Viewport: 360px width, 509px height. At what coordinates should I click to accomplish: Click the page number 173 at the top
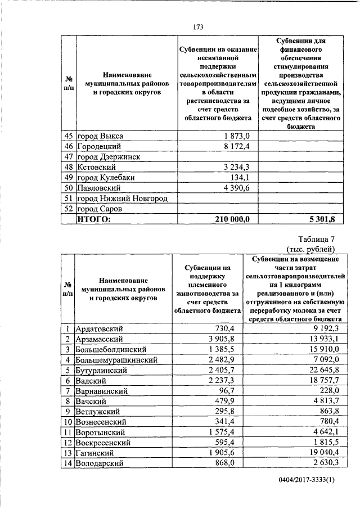(x=197, y=27)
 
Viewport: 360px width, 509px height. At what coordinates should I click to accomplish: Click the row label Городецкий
(x=99, y=147)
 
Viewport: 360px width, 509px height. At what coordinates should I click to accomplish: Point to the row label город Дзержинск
(x=108, y=157)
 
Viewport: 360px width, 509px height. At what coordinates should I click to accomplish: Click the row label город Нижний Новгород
(x=123, y=198)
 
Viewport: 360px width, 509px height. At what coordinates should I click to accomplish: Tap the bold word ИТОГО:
(x=94, y=219)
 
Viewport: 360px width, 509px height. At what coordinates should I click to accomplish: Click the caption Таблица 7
(x=316, y=239)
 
